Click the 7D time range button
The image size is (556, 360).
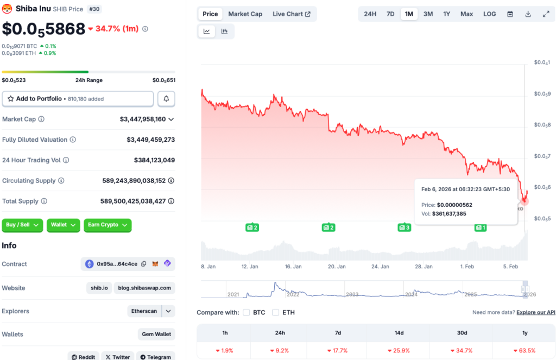coord(390,14)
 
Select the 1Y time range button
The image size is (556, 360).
coord(446,14)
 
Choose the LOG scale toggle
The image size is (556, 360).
coord(489,14)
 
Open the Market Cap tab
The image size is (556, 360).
coord(245,14)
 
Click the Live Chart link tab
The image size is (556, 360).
coord(292,14)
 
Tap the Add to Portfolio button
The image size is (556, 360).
coord(78,99)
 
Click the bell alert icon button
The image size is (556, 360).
coord(166,99)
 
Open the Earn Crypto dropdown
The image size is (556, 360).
coord(108,225)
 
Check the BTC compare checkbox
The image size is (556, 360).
coord(247,312)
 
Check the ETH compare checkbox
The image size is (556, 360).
coord(276,312)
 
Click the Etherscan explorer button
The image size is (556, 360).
coord(144,311)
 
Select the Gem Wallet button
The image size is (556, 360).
coord(156,334)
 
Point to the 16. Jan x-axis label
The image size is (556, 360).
coord(293,267)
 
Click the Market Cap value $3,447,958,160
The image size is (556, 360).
coord(143,119)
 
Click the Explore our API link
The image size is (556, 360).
coord(536,312)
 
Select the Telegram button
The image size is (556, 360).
coord(156,357)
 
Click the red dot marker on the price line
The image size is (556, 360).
coord(525,201)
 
